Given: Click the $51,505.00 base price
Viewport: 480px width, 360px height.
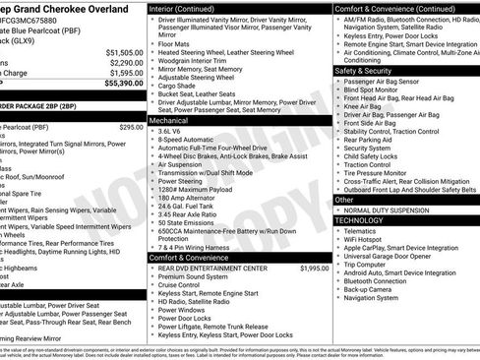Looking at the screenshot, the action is pos(124,51).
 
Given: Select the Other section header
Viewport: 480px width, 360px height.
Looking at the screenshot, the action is pos(345,199).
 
